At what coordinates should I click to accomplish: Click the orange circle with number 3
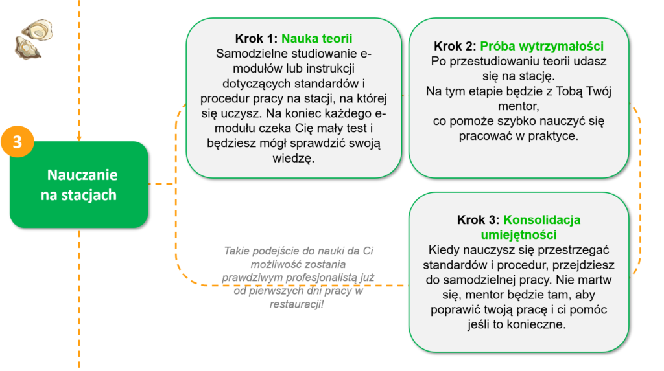point(18,142)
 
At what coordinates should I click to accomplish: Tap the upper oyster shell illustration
point(38,30)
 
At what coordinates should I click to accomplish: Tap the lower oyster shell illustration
point(27,48)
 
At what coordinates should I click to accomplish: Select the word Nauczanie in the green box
point(82,175)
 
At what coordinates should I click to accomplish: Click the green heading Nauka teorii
point(316,38)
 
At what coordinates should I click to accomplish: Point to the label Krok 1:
point(256,38)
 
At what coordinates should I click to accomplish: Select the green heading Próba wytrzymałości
point(541,46)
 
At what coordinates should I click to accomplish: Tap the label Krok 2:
point(455,46)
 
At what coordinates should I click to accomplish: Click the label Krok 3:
point(478,220)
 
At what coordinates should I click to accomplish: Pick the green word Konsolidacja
point(541,220)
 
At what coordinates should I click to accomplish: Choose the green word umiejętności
point(519,235)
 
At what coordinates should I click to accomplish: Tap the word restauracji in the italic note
point(295,304)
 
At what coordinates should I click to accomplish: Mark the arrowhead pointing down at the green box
point(78,139)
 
